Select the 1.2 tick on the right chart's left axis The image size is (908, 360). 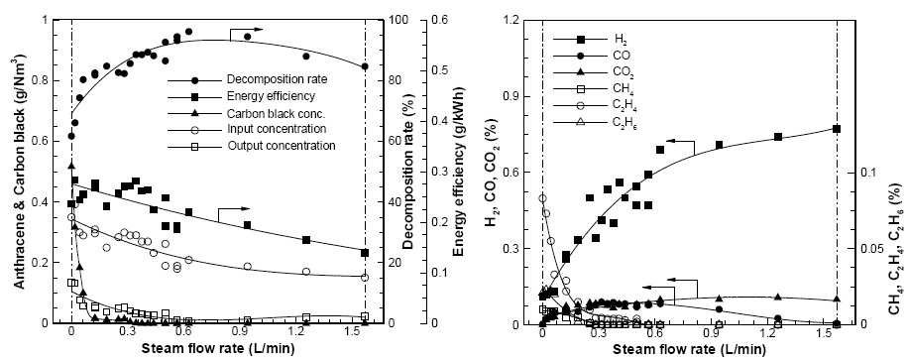pyautogui.click(x=525, y=21)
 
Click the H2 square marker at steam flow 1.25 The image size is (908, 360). pyautogui.click(x=778, y=137)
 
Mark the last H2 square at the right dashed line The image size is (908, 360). pyautogui.click(x=837, y=129)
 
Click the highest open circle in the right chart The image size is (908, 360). pyautogui.click(x=542, y=198)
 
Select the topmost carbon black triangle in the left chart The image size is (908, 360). pyautogui.click(x=71, y=166)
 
